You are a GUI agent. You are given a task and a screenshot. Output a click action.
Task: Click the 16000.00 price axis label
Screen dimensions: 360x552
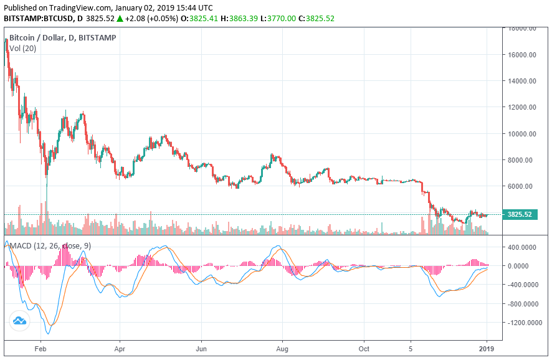[522, 55]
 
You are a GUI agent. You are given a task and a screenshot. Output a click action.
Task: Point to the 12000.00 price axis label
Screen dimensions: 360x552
[522, 107]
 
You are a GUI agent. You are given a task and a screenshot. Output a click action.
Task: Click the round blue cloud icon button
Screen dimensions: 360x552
[19, 321]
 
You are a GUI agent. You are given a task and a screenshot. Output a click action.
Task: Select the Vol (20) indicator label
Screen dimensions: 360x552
[22, 49]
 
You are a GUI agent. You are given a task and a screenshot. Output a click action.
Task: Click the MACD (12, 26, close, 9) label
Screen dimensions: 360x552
[50, 246]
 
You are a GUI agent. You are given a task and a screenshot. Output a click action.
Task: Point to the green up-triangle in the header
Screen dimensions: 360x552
[119, 19]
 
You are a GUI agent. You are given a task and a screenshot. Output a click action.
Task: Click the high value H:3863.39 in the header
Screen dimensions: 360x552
[230, 19]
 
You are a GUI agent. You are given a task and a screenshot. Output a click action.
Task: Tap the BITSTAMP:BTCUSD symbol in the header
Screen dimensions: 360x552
[35, 19]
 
